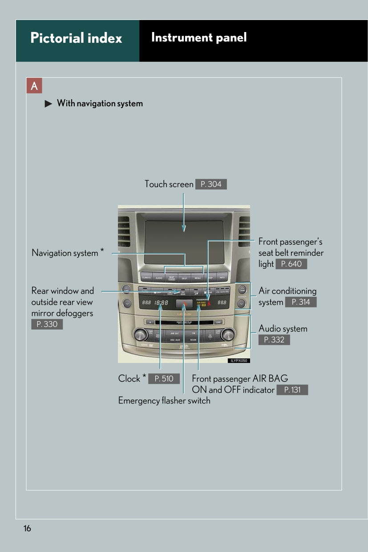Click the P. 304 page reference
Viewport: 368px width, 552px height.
point(211,184)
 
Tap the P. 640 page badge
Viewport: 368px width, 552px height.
point(291,264)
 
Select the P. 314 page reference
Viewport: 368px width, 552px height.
point(301,302)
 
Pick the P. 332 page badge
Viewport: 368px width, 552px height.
point(274,340)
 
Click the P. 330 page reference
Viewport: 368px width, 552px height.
point(47,324)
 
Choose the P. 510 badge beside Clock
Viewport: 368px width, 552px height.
point(164,379)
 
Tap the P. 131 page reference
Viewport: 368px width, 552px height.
point(292,390)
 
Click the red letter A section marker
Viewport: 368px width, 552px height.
point(34,86)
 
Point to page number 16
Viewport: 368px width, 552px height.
point(28,528)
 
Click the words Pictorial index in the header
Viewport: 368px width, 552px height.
point(76,38)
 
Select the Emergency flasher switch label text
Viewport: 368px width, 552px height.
point(164,401)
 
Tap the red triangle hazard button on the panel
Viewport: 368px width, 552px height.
point(183,303)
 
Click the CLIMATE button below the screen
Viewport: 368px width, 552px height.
point(146,278)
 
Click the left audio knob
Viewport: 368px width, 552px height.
point(140,334)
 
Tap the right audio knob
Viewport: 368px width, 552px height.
point(227,334)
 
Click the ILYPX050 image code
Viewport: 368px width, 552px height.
point(239,361)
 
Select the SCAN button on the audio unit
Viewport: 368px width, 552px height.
point(194,339)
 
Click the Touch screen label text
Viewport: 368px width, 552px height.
point(169,184)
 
